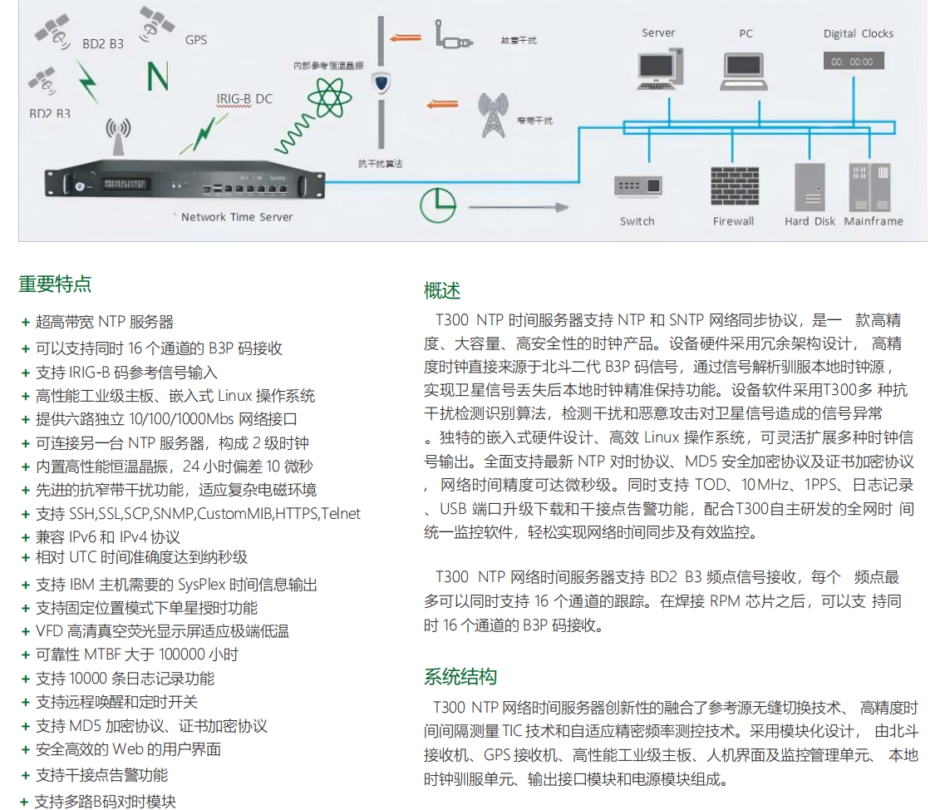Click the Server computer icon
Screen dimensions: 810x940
[x=658, y=70]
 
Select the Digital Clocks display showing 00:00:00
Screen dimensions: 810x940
[x=854, y=62]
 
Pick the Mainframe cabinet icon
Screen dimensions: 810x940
[x=869, y=187]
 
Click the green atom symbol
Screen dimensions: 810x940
[x=330, y=96]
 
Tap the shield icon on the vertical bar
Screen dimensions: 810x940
[x=381, y=83]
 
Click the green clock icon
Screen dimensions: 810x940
[x=437, y=205]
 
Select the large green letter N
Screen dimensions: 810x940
[x=158, y=76]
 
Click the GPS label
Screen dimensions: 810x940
[x=196, y=40]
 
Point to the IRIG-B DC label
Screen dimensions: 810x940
[x=244, y=99]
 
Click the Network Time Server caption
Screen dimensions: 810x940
[x=237, y=217]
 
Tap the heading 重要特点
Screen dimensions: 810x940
[x=55, y=284]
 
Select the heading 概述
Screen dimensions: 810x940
[x=442, y=290]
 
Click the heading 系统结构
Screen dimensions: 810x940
[x=460, y=676]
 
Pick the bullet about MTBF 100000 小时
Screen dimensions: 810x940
[x=137, y=654]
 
